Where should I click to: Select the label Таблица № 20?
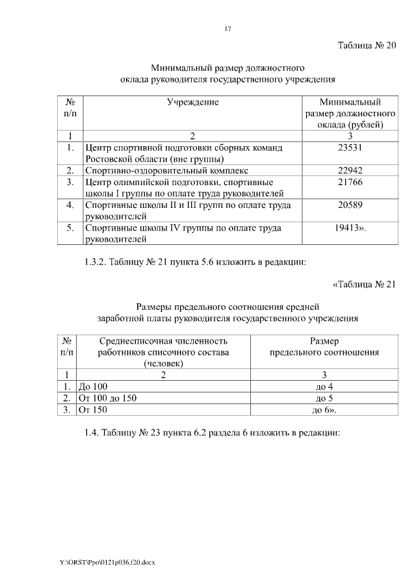(x=366, y=45)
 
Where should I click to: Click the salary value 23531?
(x=350, y=148)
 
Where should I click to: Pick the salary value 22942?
(x=350, y=171)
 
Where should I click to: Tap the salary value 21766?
(x=350, y=183)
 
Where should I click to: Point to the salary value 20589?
(x=350, y=205)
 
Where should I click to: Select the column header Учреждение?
(x=192, y=102)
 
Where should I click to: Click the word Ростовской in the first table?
(x=108, y=159)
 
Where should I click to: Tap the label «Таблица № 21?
(x=363, y=285)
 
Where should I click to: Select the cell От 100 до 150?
(x=108, y=398)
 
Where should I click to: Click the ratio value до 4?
(x=324, y=387)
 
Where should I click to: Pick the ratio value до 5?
(x=324, y=398)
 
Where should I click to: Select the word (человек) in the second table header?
(x=164, y=364)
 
